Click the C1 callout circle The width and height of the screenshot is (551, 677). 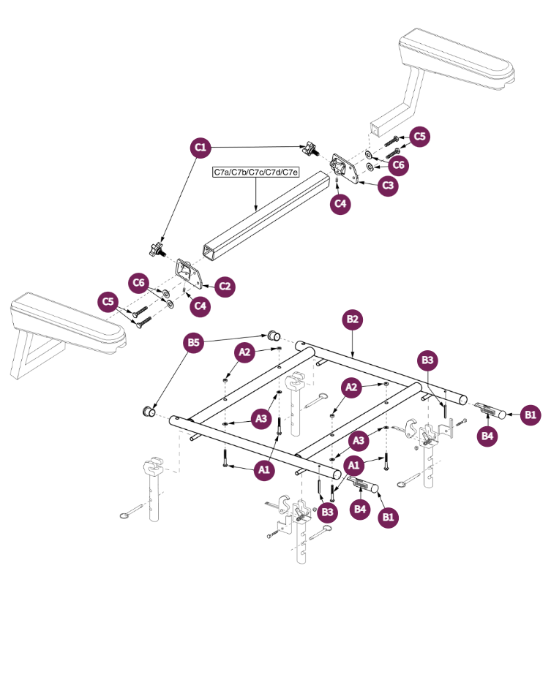pos(200,148)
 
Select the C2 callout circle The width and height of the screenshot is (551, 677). pos(225,286)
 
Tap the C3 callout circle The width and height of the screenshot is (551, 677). pos(389,186)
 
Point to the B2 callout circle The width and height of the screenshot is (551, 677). pos(353,319)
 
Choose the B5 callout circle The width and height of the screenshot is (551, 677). pos(193,344)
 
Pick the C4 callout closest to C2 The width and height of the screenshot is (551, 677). pos(200,306)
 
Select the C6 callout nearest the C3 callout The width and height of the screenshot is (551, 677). pos(398,165)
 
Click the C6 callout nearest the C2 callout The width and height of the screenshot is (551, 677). pos(140,283)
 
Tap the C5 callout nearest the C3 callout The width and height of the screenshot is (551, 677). pos(419,136)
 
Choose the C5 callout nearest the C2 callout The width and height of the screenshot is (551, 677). pos(109,301)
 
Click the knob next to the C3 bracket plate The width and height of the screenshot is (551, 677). pos(312,151)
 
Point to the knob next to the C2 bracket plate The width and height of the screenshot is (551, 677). pos(156,250)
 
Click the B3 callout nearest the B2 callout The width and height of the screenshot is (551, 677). pos(428,360)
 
